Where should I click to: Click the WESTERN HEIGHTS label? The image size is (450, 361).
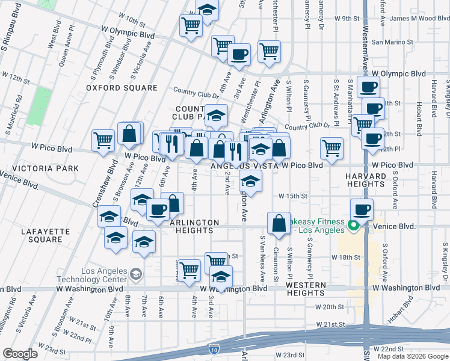[x=306, y=288]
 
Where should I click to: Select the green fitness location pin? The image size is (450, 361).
[x=354, y=226]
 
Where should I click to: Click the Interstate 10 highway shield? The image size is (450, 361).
[x=214, y=348]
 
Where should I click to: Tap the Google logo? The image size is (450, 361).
[x=20, y=354]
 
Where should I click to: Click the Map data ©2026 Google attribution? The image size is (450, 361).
[x=413, y=356]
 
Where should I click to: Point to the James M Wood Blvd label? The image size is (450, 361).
[x=420, y=19]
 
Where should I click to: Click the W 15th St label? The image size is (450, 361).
[x=292, y=196]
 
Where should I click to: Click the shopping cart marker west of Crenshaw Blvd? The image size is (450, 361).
[x=103, y=140]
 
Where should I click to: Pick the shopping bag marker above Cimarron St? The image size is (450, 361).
[x=279, y=223]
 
